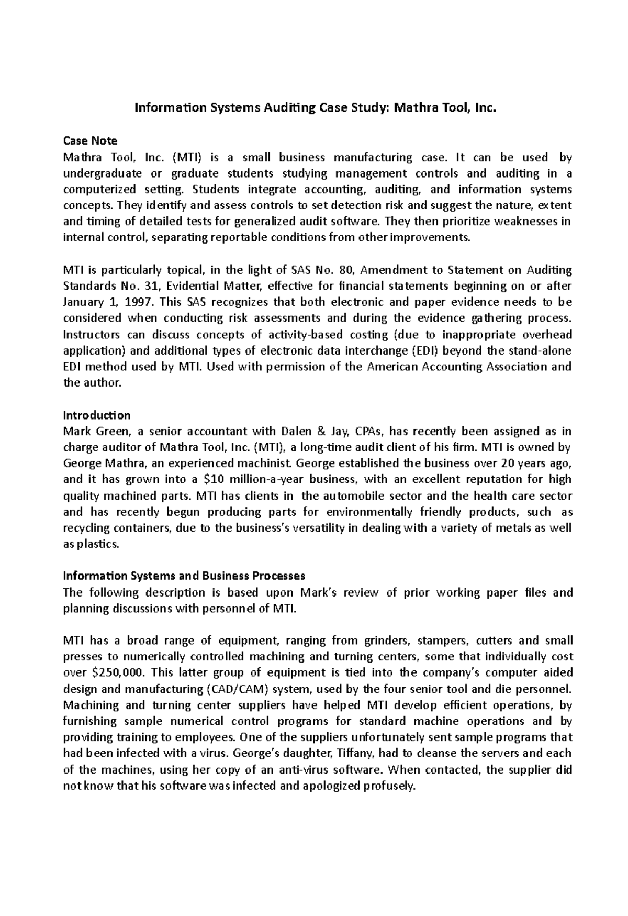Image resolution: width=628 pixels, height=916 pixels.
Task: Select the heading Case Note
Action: [90, 141]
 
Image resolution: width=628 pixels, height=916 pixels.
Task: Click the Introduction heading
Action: [96, 415]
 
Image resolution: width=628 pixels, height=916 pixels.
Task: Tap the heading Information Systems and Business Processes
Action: [184, 576]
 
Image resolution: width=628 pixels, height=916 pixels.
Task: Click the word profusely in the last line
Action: [388, 786]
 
